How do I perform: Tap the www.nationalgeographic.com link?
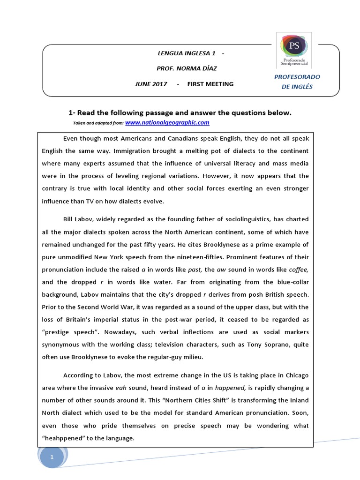(x=167, y=123)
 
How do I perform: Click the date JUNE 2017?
(x=150, y=84)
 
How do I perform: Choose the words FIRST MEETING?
(x=210, y=84)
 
